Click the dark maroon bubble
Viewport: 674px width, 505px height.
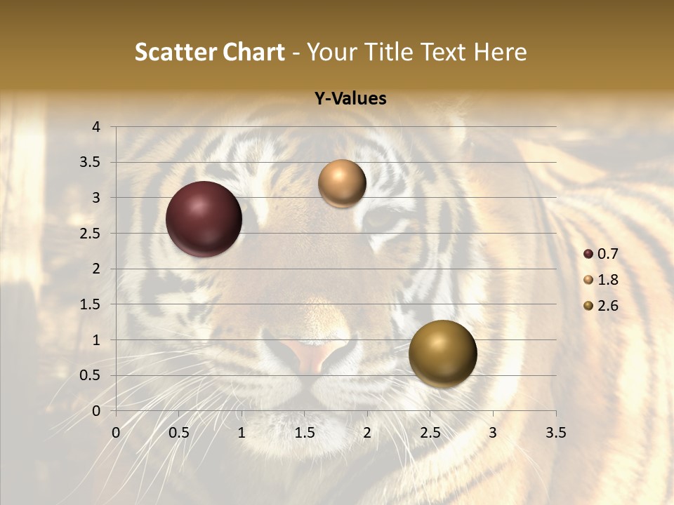[x=204, y=219]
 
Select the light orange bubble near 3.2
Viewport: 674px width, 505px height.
[x=342, y=184]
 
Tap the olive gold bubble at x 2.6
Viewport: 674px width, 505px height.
[x=442, y=353]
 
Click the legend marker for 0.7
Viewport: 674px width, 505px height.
[x=588, y=254]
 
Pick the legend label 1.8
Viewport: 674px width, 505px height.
[x=608, y=280]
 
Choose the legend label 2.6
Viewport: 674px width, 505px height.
[x=608, y=306]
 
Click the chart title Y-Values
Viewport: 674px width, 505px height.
[x=350, y=99]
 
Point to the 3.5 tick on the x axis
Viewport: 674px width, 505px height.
[x=555, y=433]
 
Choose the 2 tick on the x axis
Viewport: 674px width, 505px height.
[x=367, y=433]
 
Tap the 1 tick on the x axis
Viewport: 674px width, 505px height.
[x=242, y=433]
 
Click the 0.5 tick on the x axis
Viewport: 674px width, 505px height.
[x=179, y=433]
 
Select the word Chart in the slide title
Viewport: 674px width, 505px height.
[x=254, y=52]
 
